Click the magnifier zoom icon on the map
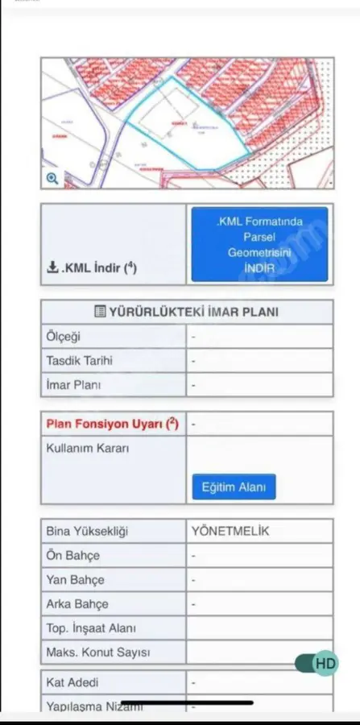pos(52,178)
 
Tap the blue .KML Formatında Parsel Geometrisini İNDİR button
pos(259,245)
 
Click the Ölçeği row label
pos(64,337)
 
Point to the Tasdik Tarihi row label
pos(79,361)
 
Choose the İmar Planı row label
pos(73,385)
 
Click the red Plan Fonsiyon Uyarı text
pos(106,424)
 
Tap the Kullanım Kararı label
pos(88,448)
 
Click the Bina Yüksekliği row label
pos(87,532)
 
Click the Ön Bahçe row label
pos(73,556)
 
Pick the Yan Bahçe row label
pos(76,580)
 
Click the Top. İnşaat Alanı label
pos(91,628)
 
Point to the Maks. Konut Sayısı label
pos(98,652)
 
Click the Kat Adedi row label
pos(73,683)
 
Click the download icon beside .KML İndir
pos(52,268)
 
